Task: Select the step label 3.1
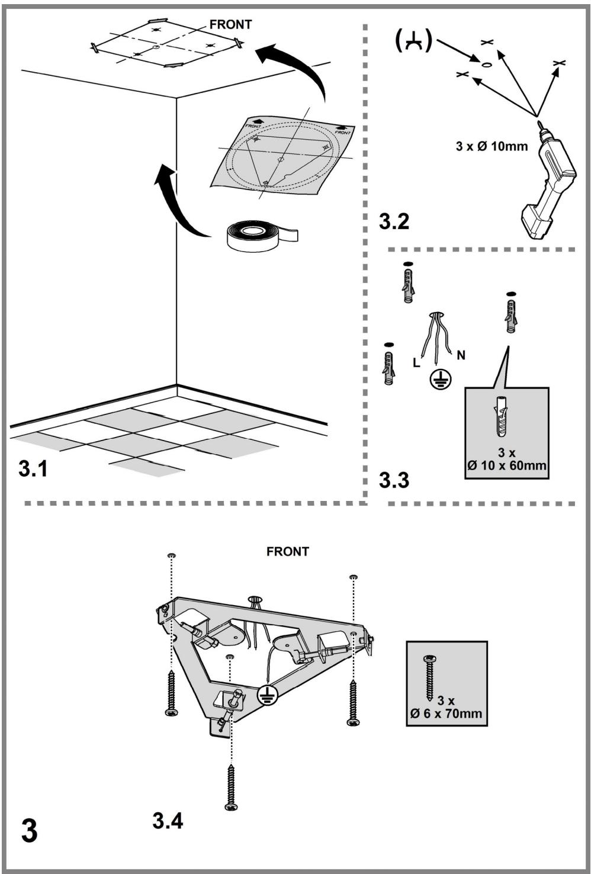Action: (33, 468)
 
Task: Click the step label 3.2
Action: (394, 221)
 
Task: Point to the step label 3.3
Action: (394, 479)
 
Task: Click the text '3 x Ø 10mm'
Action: (492, 147)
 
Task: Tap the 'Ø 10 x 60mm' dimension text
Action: (506, 465)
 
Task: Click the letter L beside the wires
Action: (417, 363)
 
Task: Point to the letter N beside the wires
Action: (461, 355)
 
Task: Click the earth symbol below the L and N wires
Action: (441, 378)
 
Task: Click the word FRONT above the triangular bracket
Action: (287, 551)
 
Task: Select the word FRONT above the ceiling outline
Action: (230, 25)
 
